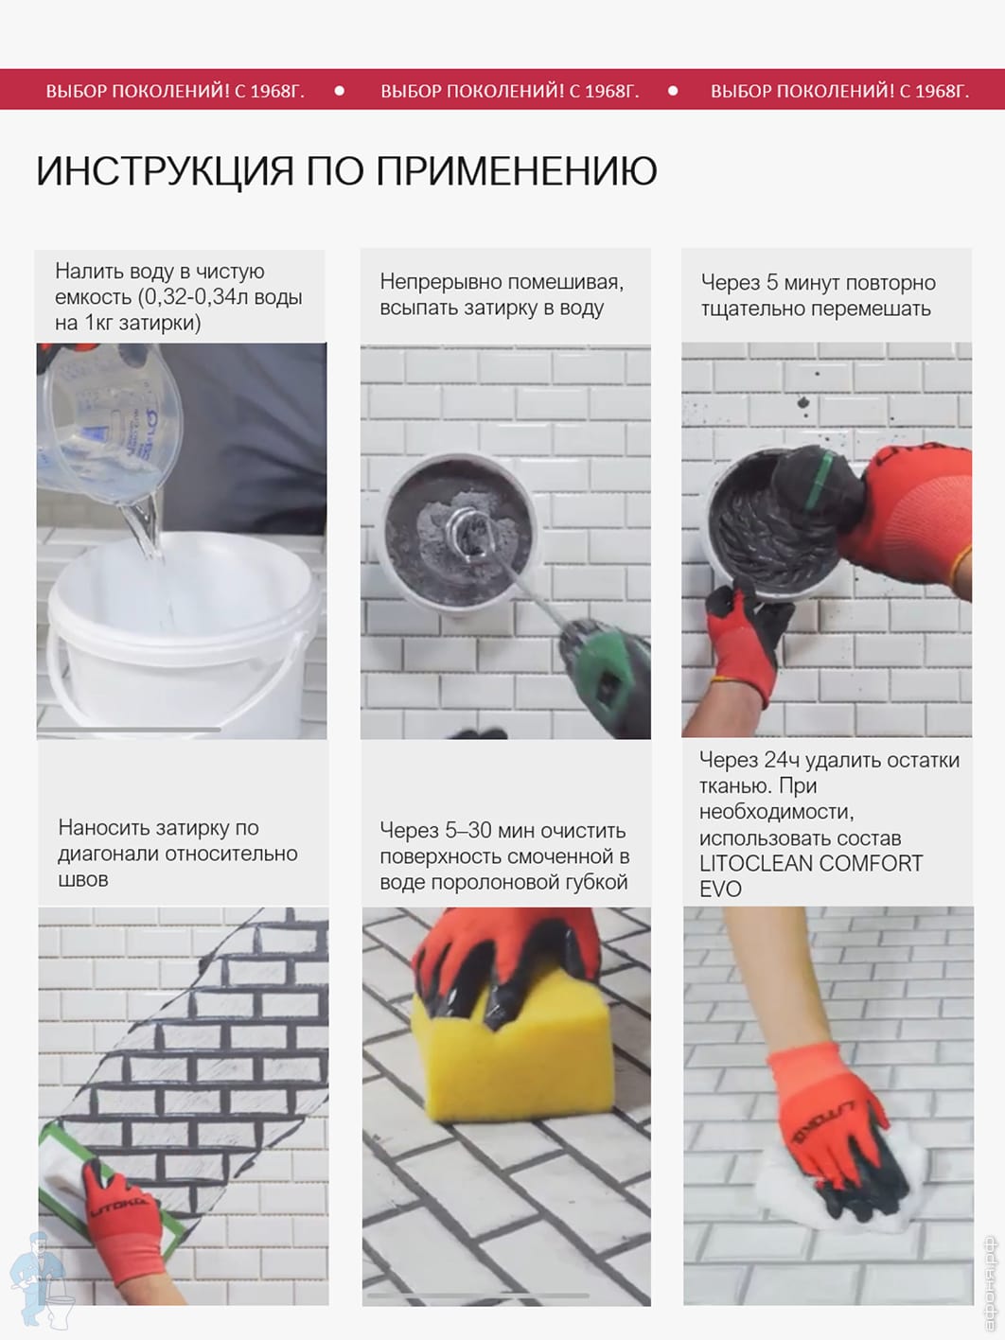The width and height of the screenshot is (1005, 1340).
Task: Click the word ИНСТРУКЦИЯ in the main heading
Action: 165,170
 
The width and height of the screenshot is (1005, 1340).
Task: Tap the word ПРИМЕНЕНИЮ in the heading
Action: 517,170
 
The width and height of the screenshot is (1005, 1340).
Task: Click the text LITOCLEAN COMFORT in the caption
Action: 811,863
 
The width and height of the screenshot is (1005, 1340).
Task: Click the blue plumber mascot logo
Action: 41,1278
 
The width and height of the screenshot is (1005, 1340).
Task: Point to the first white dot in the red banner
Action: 340,90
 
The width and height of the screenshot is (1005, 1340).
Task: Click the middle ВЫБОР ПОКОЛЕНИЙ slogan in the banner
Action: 509,91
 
